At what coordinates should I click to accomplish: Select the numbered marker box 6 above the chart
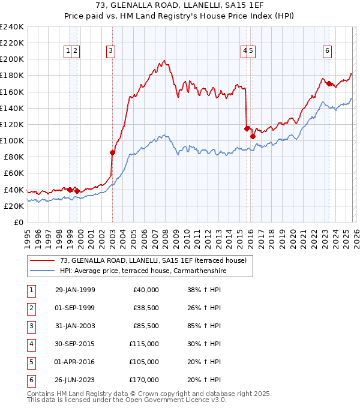click(x=327, y=51)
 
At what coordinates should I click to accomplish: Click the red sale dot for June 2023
click(x=329, y=83)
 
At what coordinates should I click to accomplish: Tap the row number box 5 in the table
click(x=31, y=362)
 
